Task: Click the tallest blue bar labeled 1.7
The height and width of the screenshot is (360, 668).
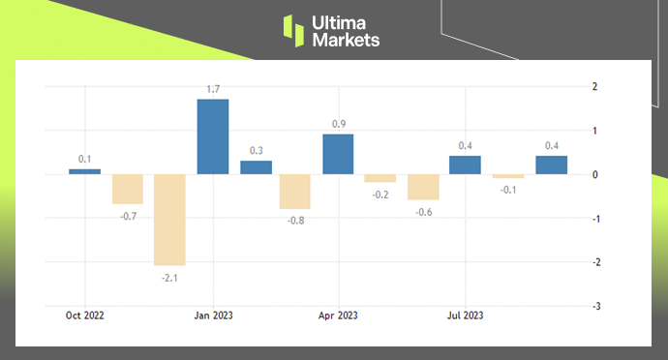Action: click(213, 136)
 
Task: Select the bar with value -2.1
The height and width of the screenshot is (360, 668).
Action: click(169, 220)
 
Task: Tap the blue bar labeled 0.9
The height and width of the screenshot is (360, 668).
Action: click(338, 154)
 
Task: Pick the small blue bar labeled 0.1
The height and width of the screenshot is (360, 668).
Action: click(85, 171)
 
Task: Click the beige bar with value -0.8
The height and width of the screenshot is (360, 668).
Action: click(295, 192)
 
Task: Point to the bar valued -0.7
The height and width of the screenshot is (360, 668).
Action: click(127, 189)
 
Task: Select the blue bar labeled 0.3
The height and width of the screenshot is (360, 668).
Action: click(256, 167)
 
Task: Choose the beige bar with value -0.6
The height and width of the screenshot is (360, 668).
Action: click(423, 187)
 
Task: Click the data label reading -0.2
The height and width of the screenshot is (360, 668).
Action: click(380, 195)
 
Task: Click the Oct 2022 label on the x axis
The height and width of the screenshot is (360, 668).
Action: click(85, 315)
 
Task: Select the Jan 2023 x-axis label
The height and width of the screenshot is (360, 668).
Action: click(213, 315)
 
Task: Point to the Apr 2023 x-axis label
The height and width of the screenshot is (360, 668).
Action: click(339, 315)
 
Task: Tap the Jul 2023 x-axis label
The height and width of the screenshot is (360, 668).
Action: click(466, 315)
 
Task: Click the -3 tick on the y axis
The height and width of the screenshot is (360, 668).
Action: click(593, 306)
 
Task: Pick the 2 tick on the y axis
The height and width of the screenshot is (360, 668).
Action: click(594, 86)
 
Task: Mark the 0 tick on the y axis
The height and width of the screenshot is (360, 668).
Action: click(594, 174)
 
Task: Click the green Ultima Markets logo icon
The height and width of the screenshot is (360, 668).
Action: click(294, 30)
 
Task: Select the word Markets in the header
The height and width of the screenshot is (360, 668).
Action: click(347, 40)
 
